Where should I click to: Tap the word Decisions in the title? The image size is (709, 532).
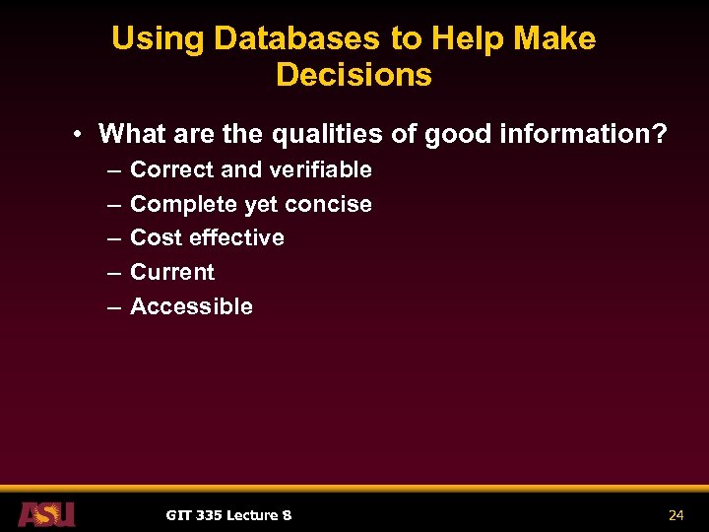pyautogui.click(x=354, y=76)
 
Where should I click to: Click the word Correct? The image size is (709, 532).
pyautogui.click(x=172, y=169)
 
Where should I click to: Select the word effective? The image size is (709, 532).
pyautogui.click(x=237, y=237)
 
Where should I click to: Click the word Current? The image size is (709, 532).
pyautogui.click(x=172, y=272)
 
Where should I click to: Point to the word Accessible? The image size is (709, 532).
pyautogui.click(x=191, y=306)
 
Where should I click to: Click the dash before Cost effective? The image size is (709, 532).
pyautogui.click(x=113, y=238)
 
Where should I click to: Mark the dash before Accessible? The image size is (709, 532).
pyautogui.click(x=113, y=307)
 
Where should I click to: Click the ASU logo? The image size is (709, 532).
pyautogui.click(x=46, y=514)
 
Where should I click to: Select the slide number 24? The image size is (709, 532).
pyautogui.click(x=676, y=515)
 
